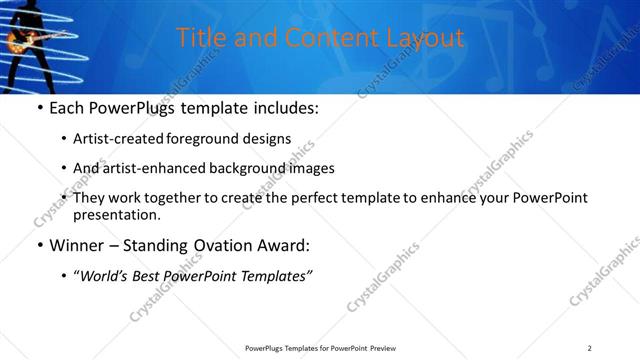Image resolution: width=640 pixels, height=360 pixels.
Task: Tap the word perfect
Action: [x=319, y=198]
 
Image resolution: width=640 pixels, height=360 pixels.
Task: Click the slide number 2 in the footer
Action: [x=589, y=348]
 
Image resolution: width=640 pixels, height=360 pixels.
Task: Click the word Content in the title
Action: [x=301, y=38]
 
